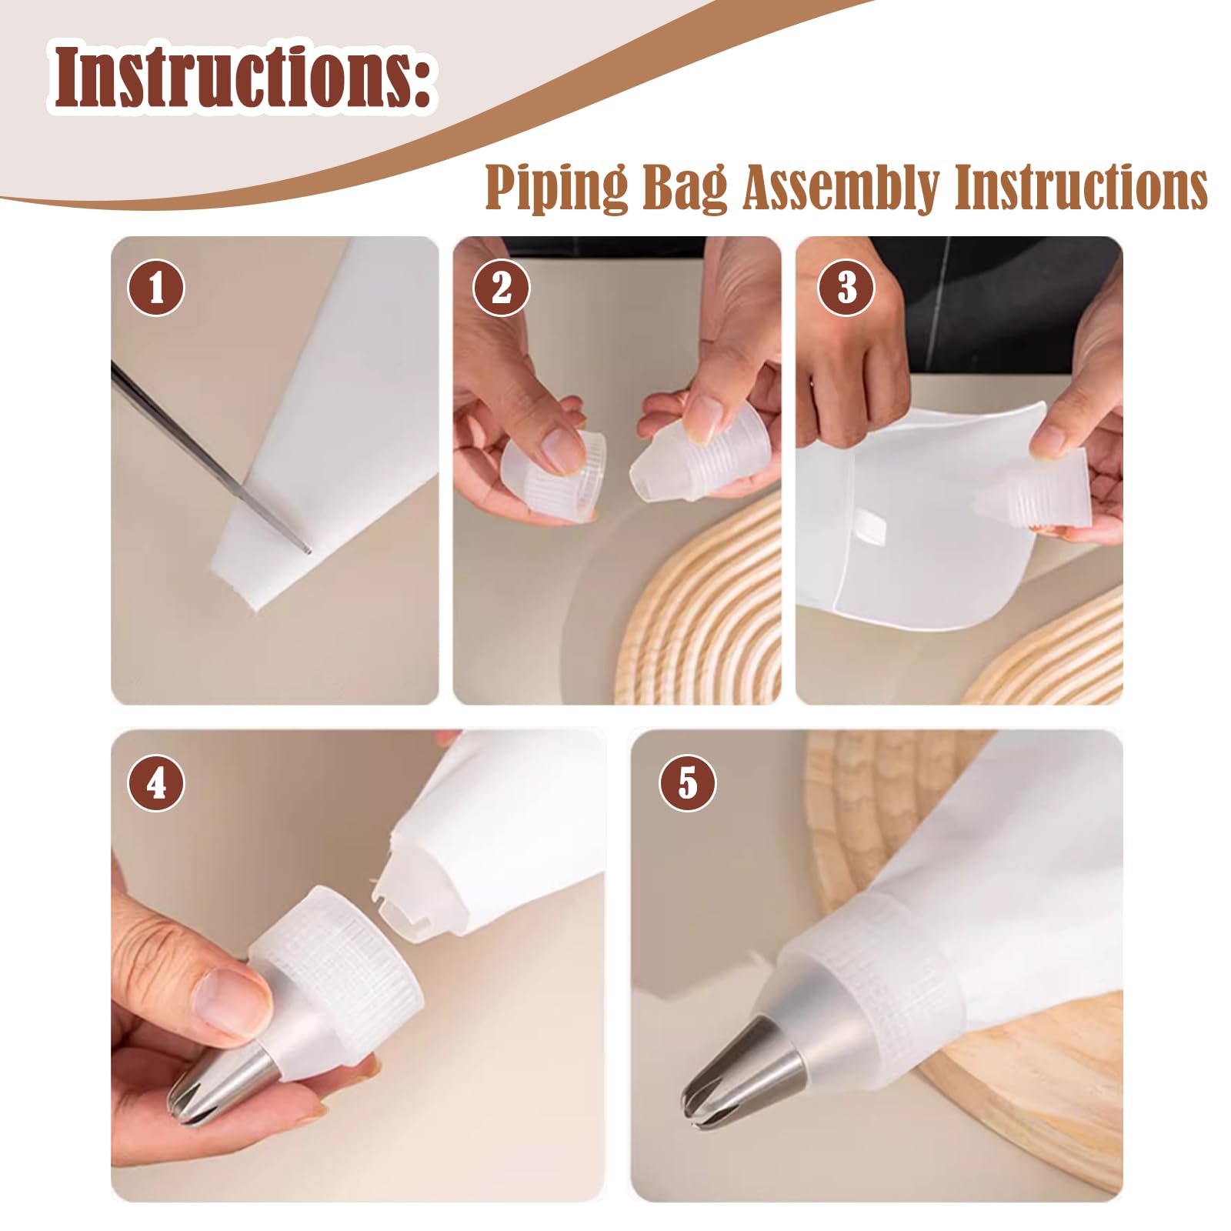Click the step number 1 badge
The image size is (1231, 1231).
156,288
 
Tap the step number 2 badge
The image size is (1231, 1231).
501,288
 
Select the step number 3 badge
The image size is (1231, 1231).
846,288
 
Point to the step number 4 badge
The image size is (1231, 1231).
156,783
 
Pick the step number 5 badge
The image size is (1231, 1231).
687,783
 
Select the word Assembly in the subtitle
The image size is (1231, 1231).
842,188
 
